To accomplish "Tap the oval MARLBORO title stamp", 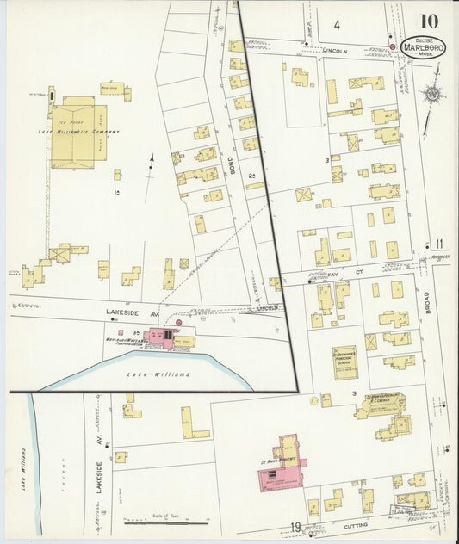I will coord(423,46).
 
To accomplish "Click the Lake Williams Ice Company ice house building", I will coord(78,135).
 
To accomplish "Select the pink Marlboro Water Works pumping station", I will coord(158,337).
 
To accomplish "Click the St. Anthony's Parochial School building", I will coord(344,362).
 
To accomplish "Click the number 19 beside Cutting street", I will coord(295,527).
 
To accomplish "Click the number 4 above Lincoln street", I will coord(338,24).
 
